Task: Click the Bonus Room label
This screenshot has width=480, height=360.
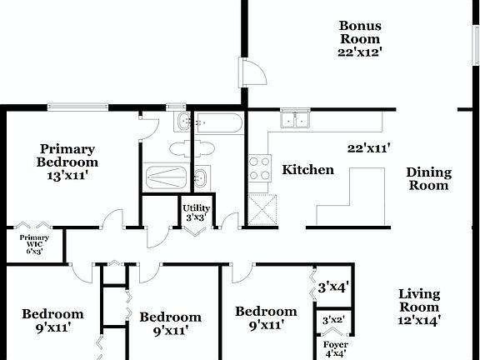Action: pos(359,32)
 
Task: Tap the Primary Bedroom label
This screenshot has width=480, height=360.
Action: pos(67,156)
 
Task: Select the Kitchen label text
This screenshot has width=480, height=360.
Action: pos(307,170)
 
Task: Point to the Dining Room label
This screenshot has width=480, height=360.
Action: pos(428,179)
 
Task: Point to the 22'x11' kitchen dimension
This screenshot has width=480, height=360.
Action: pos(369,149)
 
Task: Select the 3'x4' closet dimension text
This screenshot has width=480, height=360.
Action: pos(333,287)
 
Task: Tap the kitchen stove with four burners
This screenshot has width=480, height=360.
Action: pos(259,168)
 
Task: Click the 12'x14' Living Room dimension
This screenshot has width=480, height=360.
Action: pos(418,319)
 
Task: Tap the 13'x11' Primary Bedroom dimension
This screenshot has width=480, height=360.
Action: pos(67,176)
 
